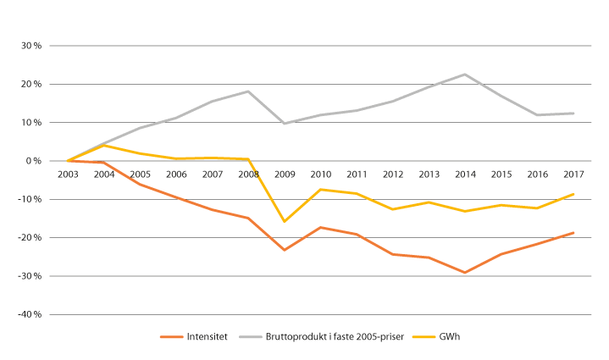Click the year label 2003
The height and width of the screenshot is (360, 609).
click(68, 174)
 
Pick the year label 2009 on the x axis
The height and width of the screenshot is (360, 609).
click(285, 174)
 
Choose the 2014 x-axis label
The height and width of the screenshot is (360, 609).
click(465, 174)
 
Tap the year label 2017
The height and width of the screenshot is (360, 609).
click(573, 174)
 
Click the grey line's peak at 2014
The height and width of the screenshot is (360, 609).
click(465, 75)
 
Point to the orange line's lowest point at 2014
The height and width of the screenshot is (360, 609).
click(465, 273)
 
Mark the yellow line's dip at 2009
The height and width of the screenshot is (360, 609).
click(285, 221)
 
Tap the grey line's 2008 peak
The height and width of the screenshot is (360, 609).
click(248, 91)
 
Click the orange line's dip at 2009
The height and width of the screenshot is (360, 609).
click(285, 250)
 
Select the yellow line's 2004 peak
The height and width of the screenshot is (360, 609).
click(103, 145)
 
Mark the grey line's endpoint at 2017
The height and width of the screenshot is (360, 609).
click(573, 114)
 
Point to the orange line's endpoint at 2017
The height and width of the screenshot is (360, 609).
click(573, 233)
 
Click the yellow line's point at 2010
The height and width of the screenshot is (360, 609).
click(320, 189)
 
